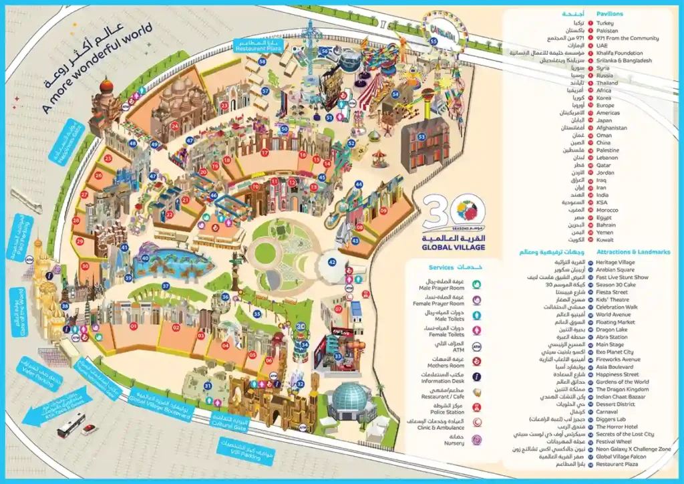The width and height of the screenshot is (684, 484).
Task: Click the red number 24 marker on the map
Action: click(x=174, y=125)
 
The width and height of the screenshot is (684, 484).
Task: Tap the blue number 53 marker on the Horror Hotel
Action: click(x=421, y=136)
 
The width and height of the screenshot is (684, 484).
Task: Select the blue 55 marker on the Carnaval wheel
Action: click(x=434, y=41)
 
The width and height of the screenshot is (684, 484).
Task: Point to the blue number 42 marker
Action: click(x=332, y=263)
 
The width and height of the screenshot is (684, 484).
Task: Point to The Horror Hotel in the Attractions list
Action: click(x=618, y=427)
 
